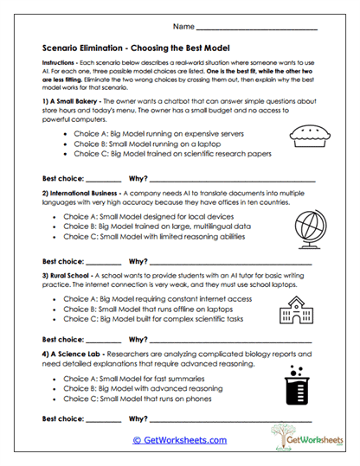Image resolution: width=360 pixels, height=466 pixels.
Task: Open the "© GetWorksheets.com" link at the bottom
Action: (x=178, y=439)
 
